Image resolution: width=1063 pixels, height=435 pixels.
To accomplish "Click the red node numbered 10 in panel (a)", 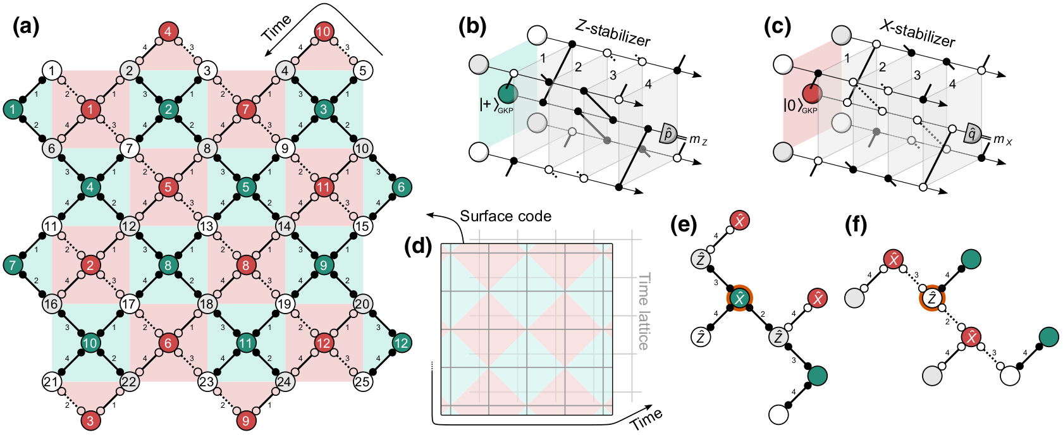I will tap(323, 32).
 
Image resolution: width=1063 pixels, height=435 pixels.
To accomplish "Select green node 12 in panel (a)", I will tap(401, 343).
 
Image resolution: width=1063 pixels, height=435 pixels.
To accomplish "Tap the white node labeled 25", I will tap(362, 381).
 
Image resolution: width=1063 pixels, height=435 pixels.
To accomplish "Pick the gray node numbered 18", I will tap(207, 303).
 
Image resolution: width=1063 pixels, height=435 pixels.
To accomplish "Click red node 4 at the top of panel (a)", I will tap(168, 32).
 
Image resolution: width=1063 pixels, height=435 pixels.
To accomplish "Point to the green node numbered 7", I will tap(12, 265).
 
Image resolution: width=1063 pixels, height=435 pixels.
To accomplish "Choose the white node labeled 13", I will tap(207, 226).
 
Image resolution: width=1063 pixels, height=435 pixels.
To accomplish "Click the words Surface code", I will tap(505, 216).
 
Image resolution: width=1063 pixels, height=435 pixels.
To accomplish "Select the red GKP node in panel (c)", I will tap(812, 94).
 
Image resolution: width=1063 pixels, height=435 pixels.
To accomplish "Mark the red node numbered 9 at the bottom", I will tap(246, 420).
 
